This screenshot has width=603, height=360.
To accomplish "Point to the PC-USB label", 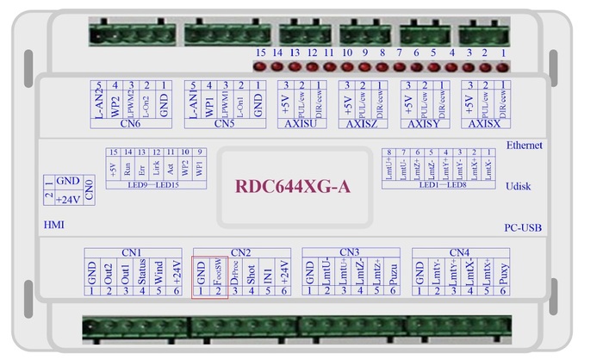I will point(523,228).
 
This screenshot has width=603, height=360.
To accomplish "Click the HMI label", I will point(53,225).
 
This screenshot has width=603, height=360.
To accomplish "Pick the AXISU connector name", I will point(299,123).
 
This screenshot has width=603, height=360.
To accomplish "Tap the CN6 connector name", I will point(131,123).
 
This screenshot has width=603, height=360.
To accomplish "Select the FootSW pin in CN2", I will point(218,272).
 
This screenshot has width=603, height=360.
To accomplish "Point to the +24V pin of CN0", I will point(68,200).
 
